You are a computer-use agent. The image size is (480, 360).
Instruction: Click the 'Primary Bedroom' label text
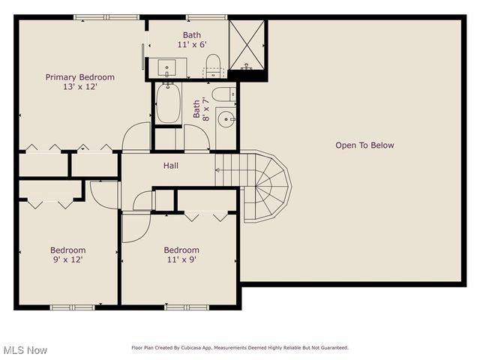click(x=79, y=77)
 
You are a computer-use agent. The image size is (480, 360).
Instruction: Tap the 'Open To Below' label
click(x=364, y=145)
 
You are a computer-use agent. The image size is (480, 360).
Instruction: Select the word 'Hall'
click(x=171, y=166)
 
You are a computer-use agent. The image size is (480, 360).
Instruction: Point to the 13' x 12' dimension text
click(x=79, y=87)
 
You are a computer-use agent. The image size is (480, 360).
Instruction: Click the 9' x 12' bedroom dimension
click(x=67, y=260)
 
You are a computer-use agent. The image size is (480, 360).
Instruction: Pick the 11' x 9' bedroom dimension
click(x=181, y=260)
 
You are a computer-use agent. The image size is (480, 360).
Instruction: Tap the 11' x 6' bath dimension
click(x=192, y=45)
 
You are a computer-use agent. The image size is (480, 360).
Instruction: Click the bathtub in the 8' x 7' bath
click(x=167, y=104)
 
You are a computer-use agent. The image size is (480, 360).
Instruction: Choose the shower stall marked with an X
click(x=247, y=43)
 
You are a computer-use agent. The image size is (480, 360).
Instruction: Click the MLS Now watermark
click(x=25, y=350)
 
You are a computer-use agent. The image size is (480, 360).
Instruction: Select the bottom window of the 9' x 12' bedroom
click(x=72, y=307)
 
